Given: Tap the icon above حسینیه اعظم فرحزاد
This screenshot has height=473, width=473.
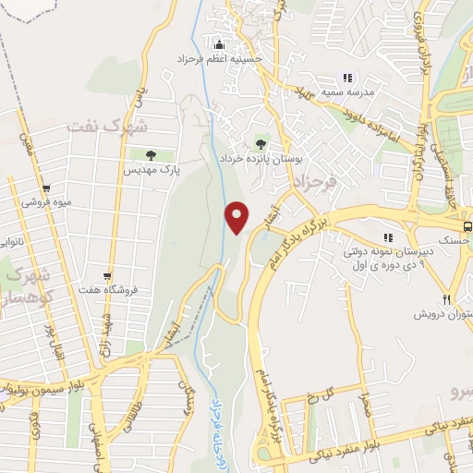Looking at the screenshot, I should click(x=219, y=44).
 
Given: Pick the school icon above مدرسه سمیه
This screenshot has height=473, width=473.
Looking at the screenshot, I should click(x=347, y=78).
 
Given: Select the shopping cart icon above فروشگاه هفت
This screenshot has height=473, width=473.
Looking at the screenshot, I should click(x=109, y=275).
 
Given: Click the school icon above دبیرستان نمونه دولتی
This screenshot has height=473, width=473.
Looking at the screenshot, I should click(x=389, y=237).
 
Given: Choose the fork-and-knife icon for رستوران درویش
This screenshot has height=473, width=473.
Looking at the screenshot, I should click(x=448, y=299).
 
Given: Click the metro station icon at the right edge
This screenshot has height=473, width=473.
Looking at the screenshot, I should click(x=467, y=224).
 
